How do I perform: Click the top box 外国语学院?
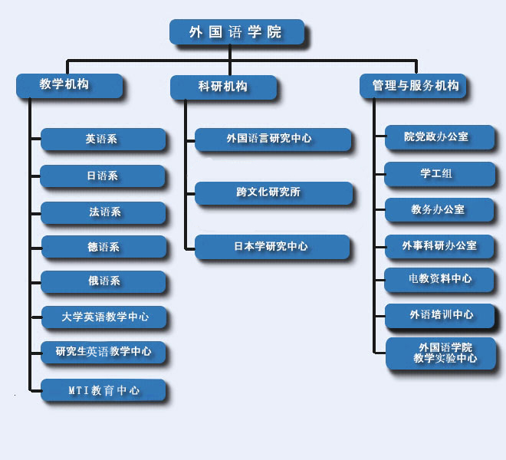point(236,32)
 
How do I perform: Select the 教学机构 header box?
point(69,85)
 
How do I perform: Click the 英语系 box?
point(102,140)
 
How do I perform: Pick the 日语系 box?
point(102,176)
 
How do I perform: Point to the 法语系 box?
point(102,212)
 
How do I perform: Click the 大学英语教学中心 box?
point(104,316)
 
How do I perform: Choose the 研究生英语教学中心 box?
point(103,352)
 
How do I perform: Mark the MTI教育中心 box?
point(103,389)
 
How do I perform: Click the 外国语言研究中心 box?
point(273,139)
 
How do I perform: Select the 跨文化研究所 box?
point(273,192)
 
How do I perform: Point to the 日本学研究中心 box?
point(272,247)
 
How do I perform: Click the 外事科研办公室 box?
point(439,245)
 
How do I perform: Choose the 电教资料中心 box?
point(439,279)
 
